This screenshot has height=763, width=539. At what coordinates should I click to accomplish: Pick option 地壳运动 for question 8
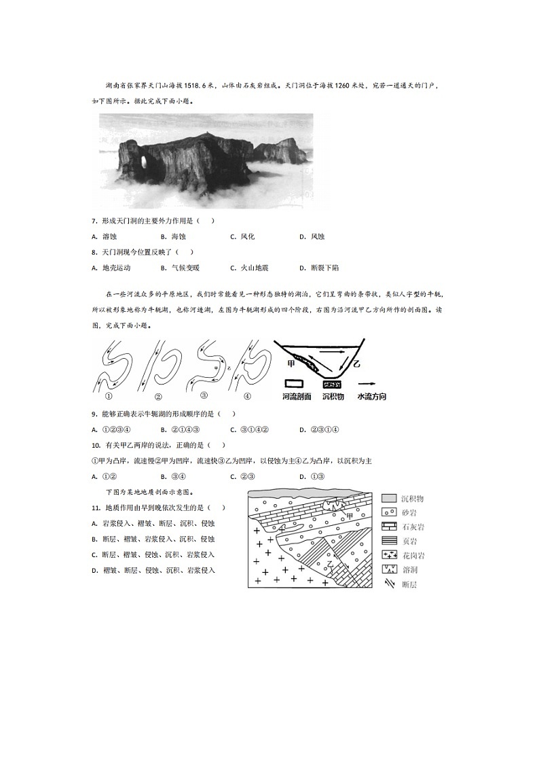116,268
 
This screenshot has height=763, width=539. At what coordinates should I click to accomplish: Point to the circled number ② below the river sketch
157,397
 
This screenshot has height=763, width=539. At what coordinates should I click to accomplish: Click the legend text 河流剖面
297,396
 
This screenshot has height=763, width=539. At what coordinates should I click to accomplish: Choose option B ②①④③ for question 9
179,429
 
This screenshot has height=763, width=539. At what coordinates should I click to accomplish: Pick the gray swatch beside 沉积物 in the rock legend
389,498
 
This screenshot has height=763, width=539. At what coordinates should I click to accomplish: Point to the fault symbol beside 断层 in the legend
389,584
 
